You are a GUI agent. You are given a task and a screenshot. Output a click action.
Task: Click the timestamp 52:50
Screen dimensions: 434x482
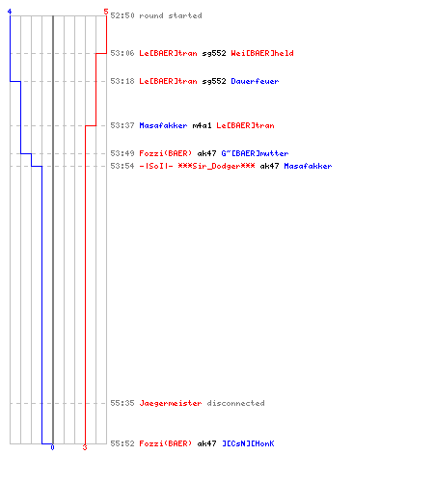click(122, 15)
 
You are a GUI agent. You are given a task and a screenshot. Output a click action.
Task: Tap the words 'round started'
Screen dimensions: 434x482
click(171, 15)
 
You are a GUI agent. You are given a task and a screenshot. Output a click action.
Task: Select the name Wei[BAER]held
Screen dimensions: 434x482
click(262, 53)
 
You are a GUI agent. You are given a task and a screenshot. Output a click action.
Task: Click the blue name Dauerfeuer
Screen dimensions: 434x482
click(255, 81)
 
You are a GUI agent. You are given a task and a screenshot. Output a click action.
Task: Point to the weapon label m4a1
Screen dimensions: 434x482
click(202, 125)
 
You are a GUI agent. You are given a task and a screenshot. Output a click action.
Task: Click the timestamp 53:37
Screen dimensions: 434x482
click(122, 125)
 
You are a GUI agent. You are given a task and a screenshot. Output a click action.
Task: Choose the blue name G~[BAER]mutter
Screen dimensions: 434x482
click(255, 153)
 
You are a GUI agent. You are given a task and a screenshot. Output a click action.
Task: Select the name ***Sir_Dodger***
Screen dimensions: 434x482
click(216, 166)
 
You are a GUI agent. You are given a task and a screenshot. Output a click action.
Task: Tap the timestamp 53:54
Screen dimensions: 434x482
click(122, 166)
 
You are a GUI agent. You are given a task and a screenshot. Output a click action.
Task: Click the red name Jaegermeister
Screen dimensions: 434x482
click(171, 403)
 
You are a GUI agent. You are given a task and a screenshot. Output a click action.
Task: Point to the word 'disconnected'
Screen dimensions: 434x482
click(235, 403)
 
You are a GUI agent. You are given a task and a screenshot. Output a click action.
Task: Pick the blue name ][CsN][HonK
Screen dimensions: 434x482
click(248, 443)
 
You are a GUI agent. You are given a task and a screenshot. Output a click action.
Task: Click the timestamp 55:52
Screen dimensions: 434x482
click(122, 443)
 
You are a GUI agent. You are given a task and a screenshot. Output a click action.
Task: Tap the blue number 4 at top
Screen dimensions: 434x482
click(10, 12)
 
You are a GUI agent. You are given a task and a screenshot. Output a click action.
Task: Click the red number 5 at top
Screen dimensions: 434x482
click(106, 12)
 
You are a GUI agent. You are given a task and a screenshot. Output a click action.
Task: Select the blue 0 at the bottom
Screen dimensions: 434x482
click(52, 447)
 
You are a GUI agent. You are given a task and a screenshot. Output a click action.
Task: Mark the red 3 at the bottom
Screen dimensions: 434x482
click(85, 447)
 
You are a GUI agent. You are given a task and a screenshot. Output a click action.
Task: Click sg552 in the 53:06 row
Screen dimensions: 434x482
click(214, 53)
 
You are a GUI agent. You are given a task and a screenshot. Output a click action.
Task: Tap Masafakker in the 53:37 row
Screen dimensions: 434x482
click(163, 125)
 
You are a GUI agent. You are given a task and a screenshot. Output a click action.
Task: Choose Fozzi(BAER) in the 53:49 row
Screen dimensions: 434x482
click(165, 153)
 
